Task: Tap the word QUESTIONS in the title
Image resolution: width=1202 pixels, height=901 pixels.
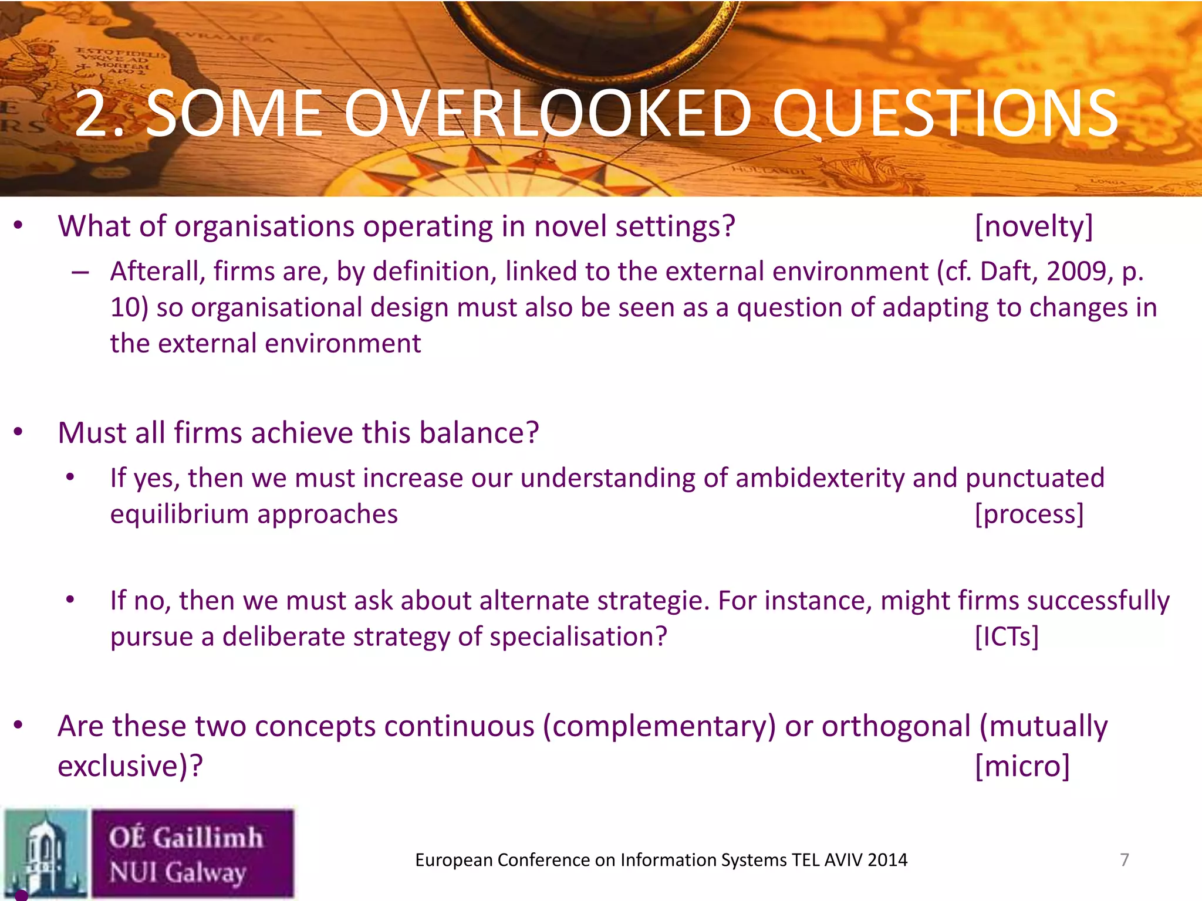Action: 945,114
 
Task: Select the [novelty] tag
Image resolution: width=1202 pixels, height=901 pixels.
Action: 1034,226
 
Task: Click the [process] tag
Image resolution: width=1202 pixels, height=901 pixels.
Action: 1029,514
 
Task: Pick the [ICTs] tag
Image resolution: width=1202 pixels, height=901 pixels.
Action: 1007,636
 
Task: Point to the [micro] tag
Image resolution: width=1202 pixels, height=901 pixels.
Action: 1022,766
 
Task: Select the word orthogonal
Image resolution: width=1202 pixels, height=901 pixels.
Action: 896,726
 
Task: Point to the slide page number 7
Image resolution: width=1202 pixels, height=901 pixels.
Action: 1124,860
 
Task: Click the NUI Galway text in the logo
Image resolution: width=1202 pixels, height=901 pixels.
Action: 177,872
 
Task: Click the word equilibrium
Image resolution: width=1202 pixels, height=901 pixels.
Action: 179,514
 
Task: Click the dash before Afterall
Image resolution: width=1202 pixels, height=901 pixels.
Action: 80,272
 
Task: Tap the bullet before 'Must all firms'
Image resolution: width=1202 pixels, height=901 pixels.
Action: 19,433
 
